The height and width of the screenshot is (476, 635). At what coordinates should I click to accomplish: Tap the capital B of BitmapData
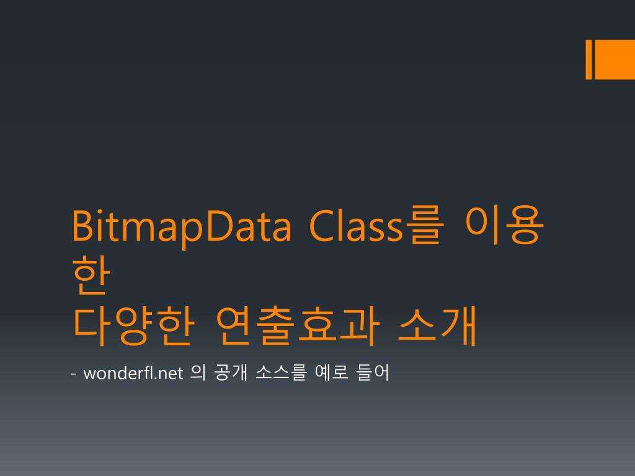[x=81, y=226]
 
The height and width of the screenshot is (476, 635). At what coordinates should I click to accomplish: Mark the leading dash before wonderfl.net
[x=74, y=374]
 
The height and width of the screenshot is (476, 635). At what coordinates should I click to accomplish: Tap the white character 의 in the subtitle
[x=197, y=374]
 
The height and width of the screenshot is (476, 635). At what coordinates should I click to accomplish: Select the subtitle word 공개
[x=230, y=374]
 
